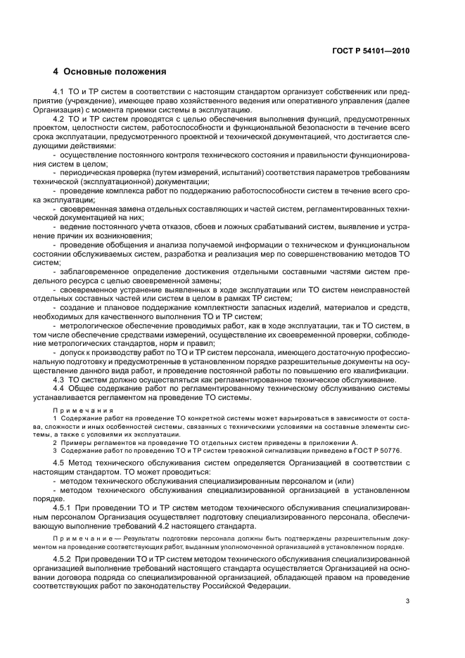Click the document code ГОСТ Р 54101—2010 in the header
pos(370,51)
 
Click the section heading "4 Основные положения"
pos(110,72)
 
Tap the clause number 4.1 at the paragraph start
pos(60,93)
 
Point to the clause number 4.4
pos(60,388)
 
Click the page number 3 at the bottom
pos(407,601)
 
